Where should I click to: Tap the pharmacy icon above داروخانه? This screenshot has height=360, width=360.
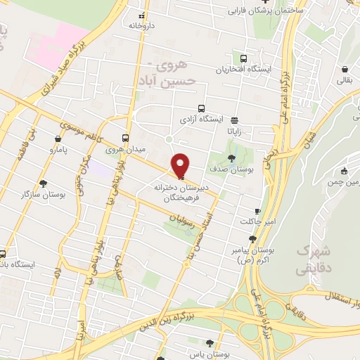tap(142, 15)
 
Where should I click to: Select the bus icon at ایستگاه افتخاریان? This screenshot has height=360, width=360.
tap(243, 59)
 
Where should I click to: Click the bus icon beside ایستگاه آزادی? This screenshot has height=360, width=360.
tap(202, 109)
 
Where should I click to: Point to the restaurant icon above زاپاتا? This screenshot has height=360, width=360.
tap(233, 120)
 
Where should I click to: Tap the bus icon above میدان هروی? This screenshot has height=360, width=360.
tap(126, 138)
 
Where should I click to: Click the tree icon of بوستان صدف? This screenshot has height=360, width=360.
tap(233, 158)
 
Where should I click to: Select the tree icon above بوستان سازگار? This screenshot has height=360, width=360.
tap(43, 182)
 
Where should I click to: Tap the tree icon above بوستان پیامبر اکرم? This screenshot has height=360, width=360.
tap(252, 239)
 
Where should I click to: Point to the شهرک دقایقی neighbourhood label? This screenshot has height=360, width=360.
tap(314, 259)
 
